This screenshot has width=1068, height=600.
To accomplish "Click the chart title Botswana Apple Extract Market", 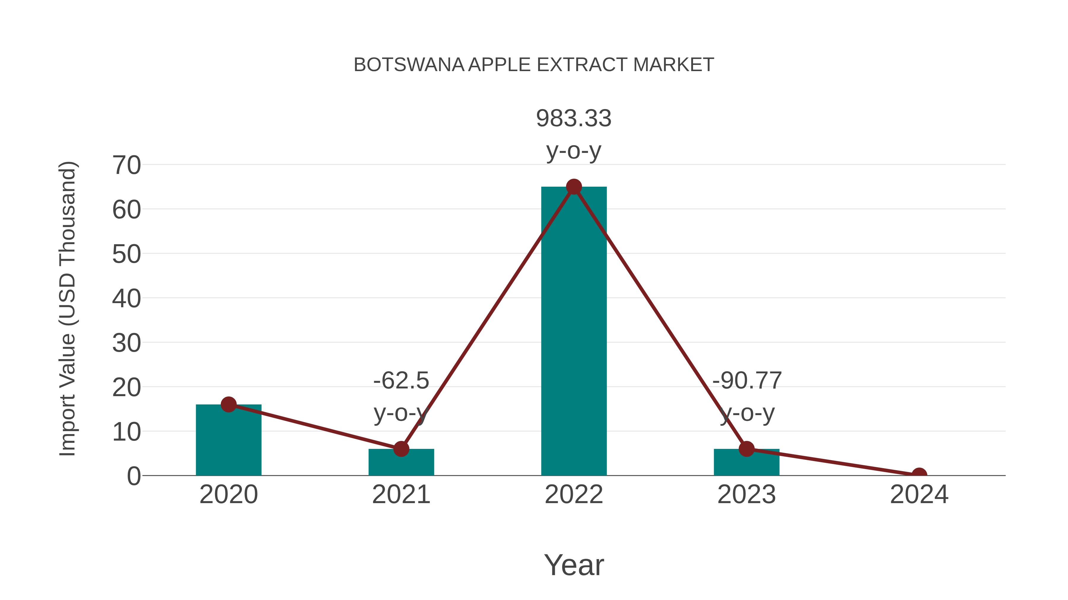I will (534, 65).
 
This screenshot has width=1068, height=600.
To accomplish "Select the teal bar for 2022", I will (574, 331).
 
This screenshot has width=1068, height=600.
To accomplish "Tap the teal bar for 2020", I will (228, 441).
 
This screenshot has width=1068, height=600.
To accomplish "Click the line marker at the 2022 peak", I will (574, 187).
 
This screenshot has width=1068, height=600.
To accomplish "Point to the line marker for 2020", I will (228, 404).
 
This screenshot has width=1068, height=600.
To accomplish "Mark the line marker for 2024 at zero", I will (919, 475).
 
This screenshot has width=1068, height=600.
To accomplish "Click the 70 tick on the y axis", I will (126, 165).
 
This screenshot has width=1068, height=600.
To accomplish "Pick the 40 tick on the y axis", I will (126, 299).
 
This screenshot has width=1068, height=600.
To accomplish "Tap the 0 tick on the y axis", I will (133, 476).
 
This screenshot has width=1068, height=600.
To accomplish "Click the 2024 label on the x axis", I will (919, 495).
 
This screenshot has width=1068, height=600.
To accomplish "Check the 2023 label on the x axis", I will (746, 495).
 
